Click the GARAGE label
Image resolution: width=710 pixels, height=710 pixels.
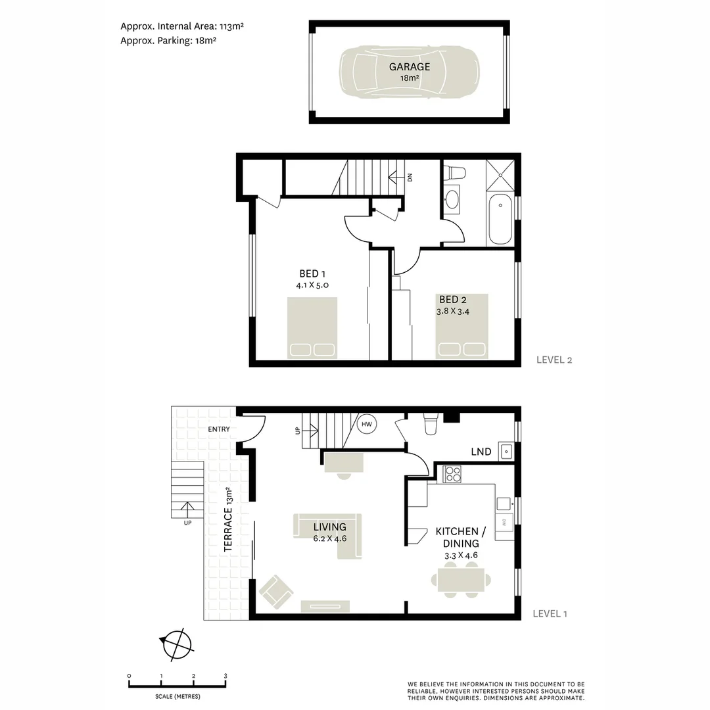pyautogui.click(x=409, y=66)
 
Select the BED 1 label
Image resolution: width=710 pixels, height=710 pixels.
pyautogui.click(x=312, y=273)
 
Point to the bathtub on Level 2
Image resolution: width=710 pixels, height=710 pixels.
pyautogui.click(x=500, y=220)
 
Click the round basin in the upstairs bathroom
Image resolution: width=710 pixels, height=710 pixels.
pyautogui.click(x=453, y=200)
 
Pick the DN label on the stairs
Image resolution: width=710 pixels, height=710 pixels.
pyautogui.click(x=410, y=177)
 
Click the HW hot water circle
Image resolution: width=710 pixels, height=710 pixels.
pyautogui.click(x=367, y=425)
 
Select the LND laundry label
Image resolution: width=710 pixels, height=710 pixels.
pyautogui.click(x=481, y=452)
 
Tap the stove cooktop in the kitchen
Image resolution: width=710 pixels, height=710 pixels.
pyautogui.click(x=452, y=474)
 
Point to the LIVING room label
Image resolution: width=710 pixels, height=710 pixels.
pyautogui.click(x=329, y=527)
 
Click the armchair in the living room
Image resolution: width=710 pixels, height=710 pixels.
pyautogui.click(x=275, y=590)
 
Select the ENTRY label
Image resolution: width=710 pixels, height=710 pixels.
pyautogui.click(x=219, y=429)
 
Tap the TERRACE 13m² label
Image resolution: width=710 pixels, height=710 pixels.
pyautogui.click(x=227, y=519)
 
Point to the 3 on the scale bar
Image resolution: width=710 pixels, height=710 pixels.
pyautogui.click(x=225, y=676)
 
